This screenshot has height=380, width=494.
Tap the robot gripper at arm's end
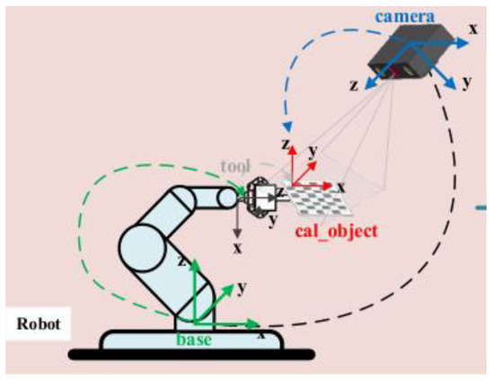(260, 198)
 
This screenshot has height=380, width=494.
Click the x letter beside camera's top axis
(472, 29)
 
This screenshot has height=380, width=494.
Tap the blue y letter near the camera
(467, 83)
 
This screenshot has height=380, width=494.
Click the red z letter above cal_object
(284, 144)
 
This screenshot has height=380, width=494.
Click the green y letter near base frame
(241, 287)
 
